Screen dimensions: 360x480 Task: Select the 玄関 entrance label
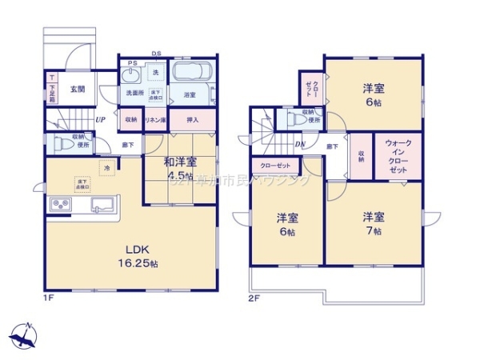pos(78,89)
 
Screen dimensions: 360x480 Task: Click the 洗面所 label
pos(134,94)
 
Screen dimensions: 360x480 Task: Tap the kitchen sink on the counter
pos(101,204)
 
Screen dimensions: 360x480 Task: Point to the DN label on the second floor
pos(300,145)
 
